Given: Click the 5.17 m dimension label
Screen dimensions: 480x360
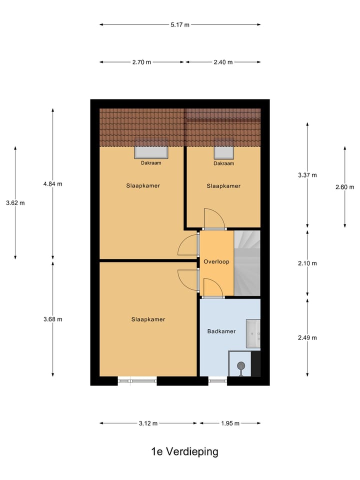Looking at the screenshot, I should coord(180,24).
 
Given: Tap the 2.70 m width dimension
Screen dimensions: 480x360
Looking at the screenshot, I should coord(142,62).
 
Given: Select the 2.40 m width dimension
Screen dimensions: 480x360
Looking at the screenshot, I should coord(223,62).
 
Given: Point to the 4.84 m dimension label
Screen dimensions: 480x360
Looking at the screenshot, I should coord(53,184).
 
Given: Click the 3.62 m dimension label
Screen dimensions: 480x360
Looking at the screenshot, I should coord(15,203).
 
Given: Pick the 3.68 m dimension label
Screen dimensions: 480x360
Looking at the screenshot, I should coord(53,319).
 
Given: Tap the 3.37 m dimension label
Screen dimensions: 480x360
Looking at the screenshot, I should coord(307,175).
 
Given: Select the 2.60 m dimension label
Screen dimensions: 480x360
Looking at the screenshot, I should coord(345,187).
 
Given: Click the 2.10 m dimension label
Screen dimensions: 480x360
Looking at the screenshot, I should coord(307,263).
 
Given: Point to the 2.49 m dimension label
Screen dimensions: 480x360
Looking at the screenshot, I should coord(307,337).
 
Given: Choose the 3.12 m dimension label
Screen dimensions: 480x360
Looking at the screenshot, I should coord(148,423).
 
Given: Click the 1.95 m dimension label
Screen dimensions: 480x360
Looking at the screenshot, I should coord(230,423).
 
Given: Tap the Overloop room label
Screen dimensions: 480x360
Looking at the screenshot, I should coord(216,261).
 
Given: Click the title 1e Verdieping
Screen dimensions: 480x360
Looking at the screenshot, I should coord(185,452).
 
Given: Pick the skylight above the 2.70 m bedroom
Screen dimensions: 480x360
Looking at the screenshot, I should coord(151,151).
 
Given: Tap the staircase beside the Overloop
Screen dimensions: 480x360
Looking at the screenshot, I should coord(247,263).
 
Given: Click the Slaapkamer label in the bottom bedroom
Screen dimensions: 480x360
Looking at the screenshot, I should coord(148,319).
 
